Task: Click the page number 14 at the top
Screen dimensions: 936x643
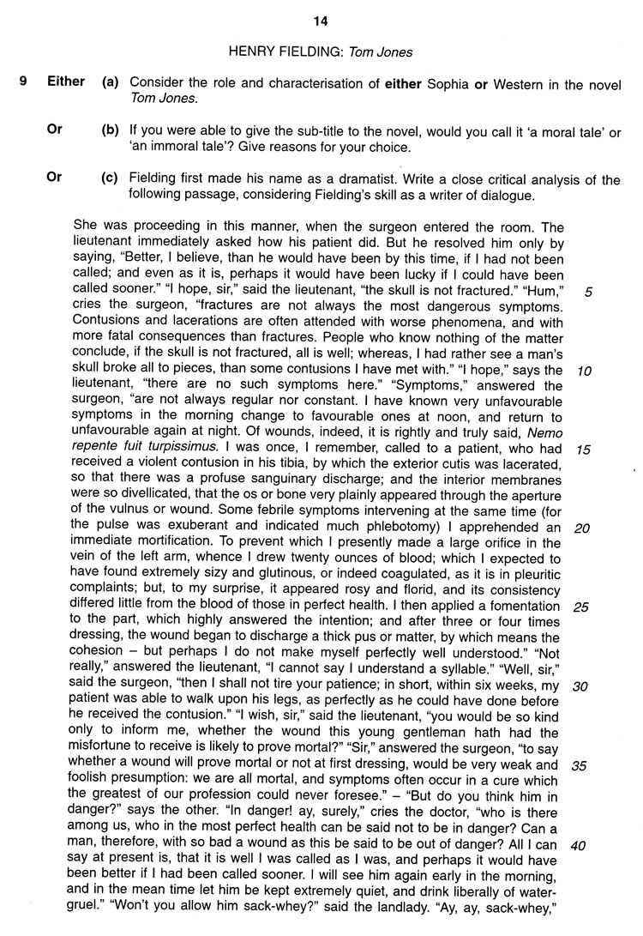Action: (321, 21)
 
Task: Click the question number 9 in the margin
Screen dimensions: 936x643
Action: (26, 82)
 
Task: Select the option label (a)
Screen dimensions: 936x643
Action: (110, 82)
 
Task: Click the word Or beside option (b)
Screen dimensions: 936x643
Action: (55, 130)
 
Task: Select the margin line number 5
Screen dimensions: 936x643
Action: (587, 292)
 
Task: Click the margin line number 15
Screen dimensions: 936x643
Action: (584, 449)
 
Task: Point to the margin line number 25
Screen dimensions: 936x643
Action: (582, 607)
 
